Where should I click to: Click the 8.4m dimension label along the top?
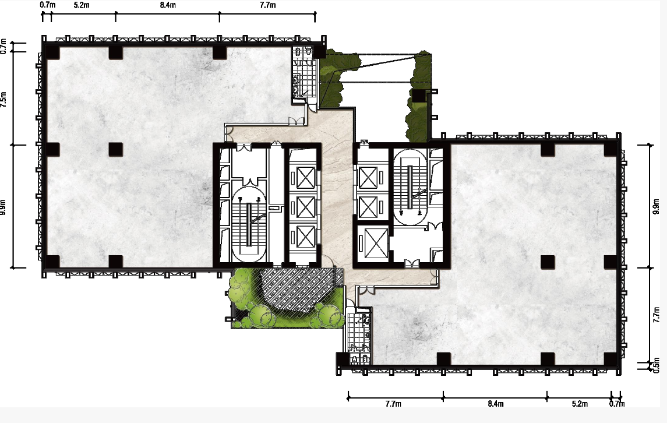click(x=168, y=5)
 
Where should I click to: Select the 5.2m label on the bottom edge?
click(x=580, y=403)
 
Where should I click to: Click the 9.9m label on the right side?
click(x=657, y=206)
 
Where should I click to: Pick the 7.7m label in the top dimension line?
click(x=267, y=5)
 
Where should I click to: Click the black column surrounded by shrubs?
click(x=419, y=96)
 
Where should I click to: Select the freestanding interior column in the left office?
click(x=116, y=150)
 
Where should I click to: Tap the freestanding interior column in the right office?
click(x=548, y=262)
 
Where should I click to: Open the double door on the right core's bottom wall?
click(x=412, y=263)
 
